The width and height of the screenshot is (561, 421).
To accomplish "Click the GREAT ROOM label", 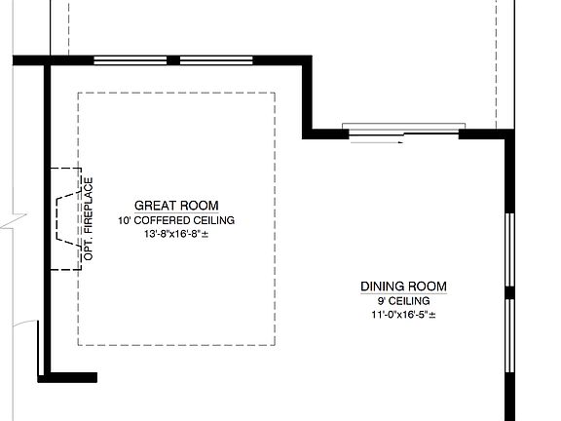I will click(175, 206).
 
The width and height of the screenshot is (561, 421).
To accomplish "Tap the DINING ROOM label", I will click(403, 287).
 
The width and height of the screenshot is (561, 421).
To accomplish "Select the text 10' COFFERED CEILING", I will click(175, 221).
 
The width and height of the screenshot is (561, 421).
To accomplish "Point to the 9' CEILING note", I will click(403, 301).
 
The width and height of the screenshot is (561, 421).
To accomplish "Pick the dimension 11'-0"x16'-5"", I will click(403, 316).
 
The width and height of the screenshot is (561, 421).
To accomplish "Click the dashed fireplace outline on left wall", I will click(63, 218).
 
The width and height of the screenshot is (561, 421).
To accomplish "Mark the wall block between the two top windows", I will click(173, 60).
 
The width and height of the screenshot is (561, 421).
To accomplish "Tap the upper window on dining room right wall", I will click(508, 248).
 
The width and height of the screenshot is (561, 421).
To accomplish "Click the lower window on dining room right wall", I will click(508, 335).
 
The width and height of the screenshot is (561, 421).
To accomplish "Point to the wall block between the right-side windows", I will click(508, 291).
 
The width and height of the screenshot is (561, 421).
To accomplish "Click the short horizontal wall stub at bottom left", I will click(73, 377).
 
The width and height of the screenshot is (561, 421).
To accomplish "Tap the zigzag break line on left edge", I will click(6, 223).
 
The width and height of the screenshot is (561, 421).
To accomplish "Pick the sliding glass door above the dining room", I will click(403, 131).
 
